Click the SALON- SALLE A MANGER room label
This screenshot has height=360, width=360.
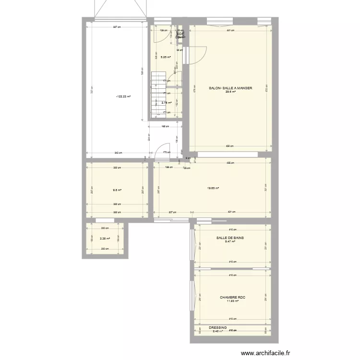coord(230,88)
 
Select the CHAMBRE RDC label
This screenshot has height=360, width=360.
coord(232,298)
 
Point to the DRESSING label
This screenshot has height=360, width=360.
coord(217,328)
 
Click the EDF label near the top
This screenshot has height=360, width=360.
coord(180,34)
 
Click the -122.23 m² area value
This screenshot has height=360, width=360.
coord(123,96)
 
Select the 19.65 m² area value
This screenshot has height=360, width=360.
coord(213,188)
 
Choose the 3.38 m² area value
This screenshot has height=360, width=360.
coord(105,239)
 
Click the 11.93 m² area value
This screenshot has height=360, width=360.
coord(232,301)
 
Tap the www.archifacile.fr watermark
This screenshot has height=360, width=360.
coord(265,353)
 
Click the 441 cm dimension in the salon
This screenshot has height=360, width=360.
coord(230,30)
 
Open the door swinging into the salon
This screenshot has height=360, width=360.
coord(198,55)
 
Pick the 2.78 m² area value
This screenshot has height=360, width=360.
coord(167,102)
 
